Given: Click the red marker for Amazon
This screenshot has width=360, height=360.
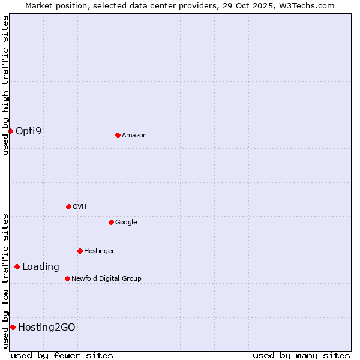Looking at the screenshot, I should pos(118,135).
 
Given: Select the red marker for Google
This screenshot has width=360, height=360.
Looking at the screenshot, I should pos(111,222).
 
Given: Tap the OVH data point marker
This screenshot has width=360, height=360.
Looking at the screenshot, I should pos(68,206).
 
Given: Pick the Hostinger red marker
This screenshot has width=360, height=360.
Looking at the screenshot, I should pos(80,251).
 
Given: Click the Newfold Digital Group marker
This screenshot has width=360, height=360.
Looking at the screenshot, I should pos(67,278).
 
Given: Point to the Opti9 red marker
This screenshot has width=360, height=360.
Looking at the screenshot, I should pos(10,131).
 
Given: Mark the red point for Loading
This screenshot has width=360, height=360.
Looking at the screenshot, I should pos(17,266).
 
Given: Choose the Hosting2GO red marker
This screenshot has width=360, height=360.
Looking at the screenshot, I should pos(13,327).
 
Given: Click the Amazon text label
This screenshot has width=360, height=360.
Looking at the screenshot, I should pos(134,136).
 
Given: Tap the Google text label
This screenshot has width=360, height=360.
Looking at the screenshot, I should pos(126,223).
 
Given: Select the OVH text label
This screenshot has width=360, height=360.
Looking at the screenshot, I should pos(80,207).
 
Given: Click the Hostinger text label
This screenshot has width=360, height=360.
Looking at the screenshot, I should pos(99,251).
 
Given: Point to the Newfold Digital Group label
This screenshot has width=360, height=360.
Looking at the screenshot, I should pos(106,279).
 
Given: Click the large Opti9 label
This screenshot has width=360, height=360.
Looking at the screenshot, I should pos(28,131).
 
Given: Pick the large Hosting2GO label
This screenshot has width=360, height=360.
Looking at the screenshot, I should pos(47,327).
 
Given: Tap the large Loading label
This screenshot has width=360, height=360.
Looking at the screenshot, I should pos(41,267).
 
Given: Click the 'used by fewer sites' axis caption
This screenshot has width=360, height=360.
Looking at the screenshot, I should pos(62,355).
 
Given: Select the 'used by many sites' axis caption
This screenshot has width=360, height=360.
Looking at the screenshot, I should pos(301,355).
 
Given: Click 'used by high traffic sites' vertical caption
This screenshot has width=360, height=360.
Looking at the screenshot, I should pos(5,85).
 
